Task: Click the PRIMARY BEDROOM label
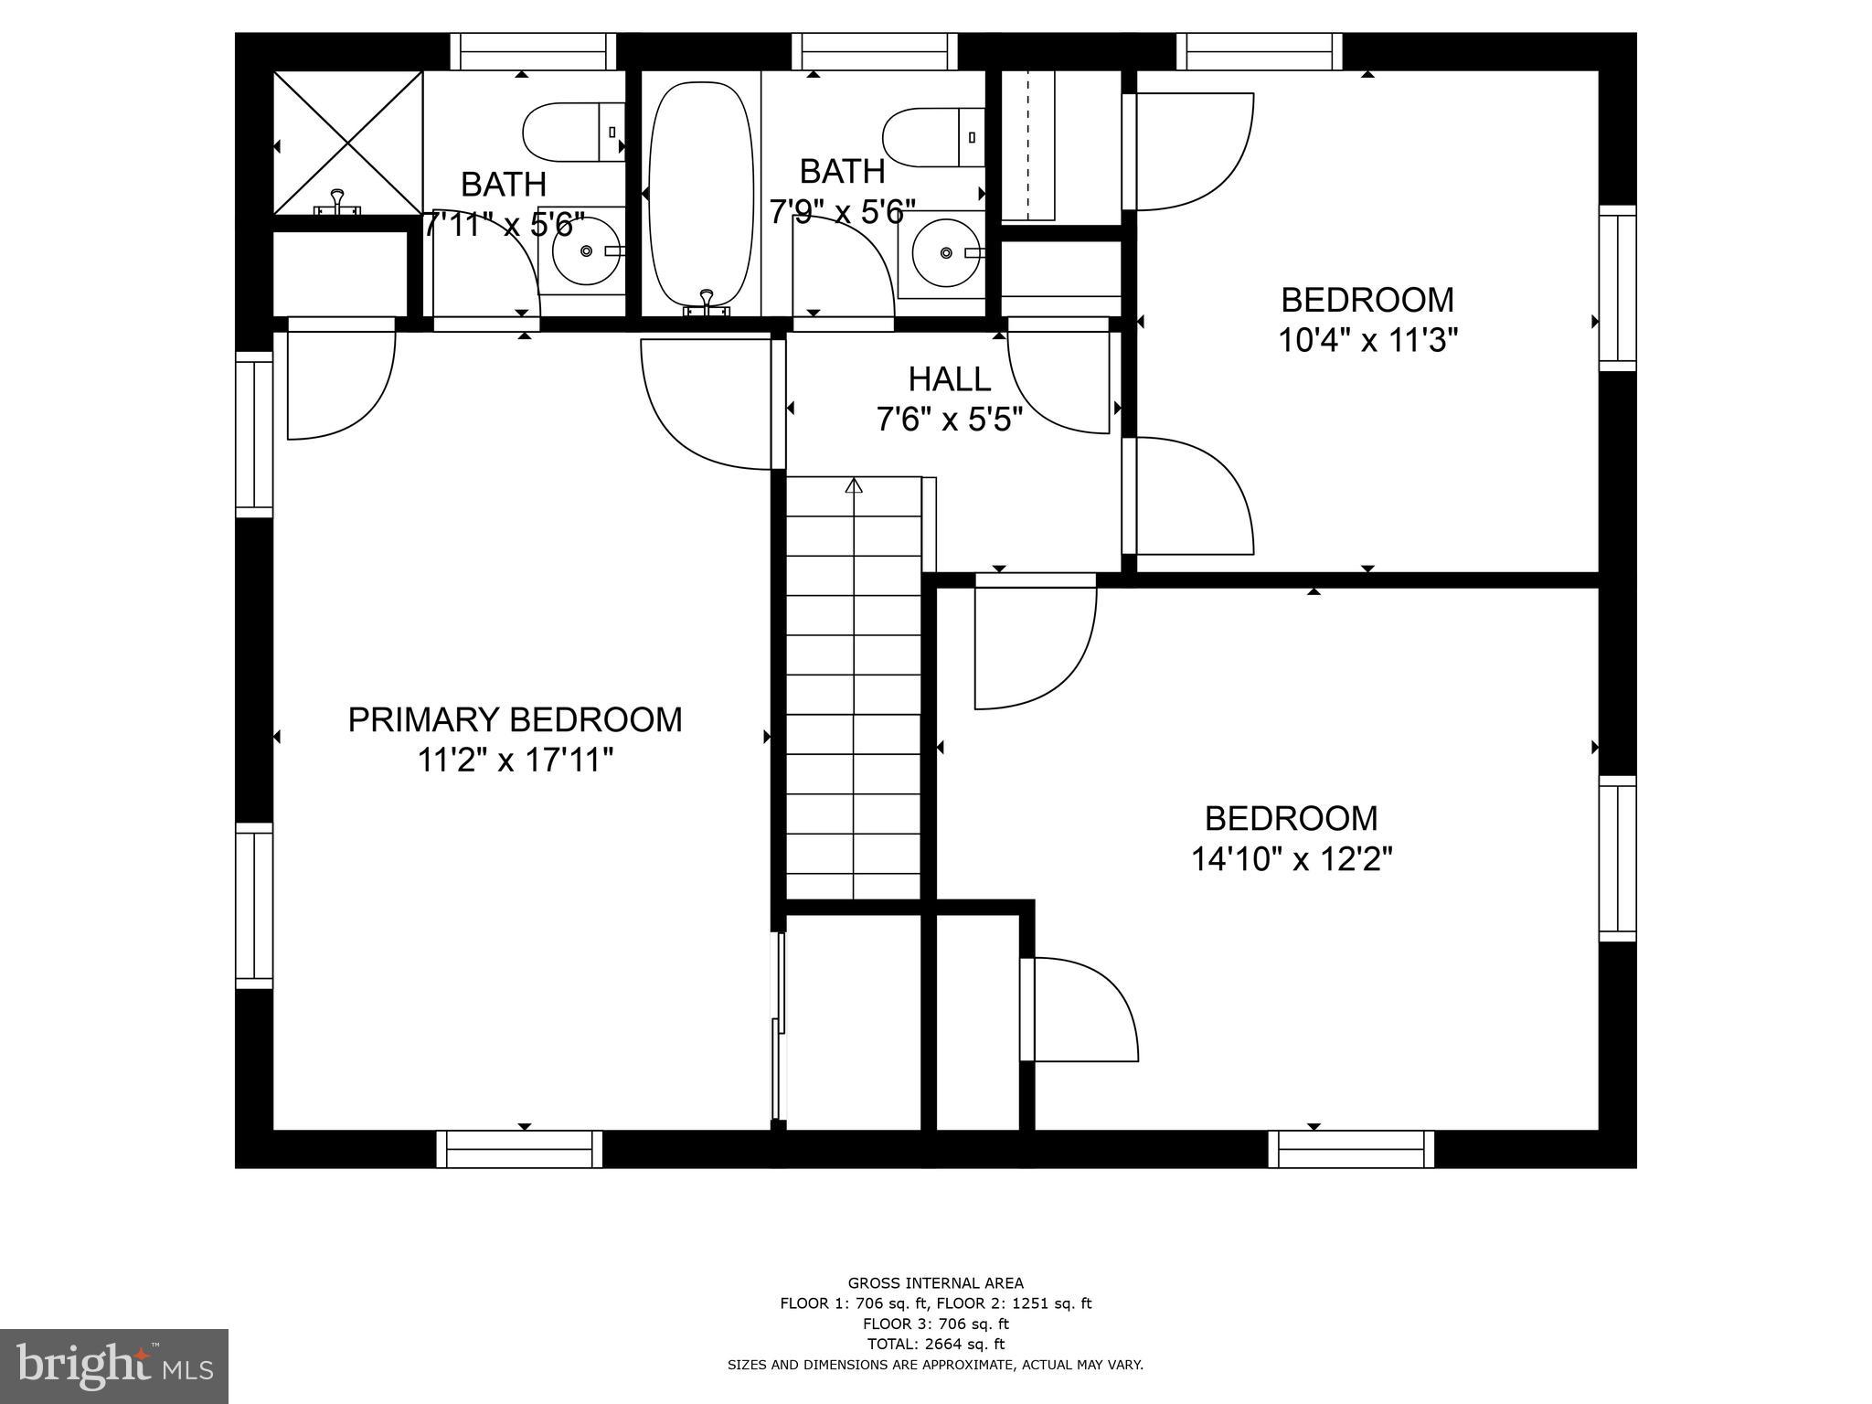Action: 515,720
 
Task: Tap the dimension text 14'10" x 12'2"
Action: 1291,859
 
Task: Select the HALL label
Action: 949,379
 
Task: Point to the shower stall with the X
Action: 348,144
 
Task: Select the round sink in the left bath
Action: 585,250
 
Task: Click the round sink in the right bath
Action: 945,252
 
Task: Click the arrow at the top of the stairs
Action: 854,486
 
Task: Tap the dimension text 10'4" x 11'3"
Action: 1367,341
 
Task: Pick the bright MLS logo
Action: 114,1366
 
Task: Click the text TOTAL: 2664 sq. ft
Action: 935,1344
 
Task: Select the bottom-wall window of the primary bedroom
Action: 519,1149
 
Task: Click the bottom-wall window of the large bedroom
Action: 1351,1149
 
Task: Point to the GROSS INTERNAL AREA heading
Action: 935,1283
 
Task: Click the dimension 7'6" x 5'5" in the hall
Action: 949,420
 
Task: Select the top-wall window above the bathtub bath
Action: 875,51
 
